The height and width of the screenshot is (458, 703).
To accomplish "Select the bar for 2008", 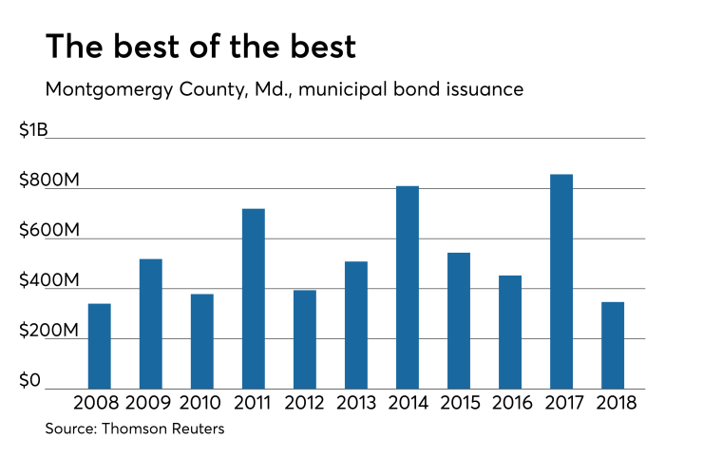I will tap(99, 346).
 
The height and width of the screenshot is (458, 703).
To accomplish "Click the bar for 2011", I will tap(253, 298).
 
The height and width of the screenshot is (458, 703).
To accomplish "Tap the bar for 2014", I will tap(407, 287).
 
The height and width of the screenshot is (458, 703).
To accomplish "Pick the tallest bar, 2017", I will tap(560, 281).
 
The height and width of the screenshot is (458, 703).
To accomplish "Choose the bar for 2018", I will tap(612, 345).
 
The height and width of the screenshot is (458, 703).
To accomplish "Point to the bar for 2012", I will tap(304, 339).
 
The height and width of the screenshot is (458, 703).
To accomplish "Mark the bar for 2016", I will tap(509, 332).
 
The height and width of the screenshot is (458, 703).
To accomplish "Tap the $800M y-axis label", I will tap(48, 181).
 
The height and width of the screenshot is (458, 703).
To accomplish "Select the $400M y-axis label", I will tap(48, 281).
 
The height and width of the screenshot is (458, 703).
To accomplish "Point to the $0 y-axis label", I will tap(30, 381).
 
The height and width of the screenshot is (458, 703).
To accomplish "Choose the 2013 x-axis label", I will tap(355, 402).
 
